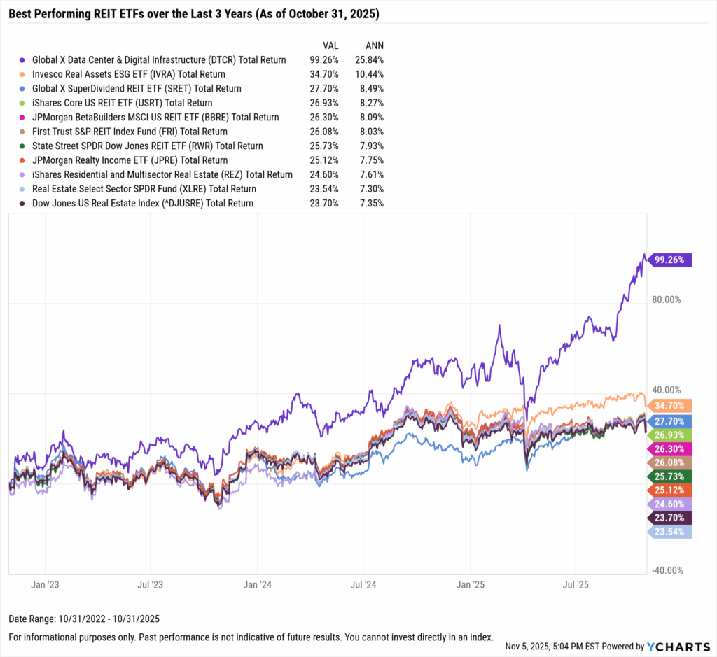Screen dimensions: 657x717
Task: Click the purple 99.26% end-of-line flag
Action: click(669, 260)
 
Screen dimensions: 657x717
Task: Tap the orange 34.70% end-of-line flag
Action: click(669, 405)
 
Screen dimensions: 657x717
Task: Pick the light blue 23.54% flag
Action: click(669, 532)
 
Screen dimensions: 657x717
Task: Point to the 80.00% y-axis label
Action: click(666, 299)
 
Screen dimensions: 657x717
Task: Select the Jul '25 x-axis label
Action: click(575, 583)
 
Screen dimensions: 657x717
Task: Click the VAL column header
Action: click(330, 45)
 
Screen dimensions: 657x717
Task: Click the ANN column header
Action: click(375, 45)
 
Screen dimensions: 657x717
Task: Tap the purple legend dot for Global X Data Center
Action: click(24, 60)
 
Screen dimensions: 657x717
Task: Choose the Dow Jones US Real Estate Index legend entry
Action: click(143, 203)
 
